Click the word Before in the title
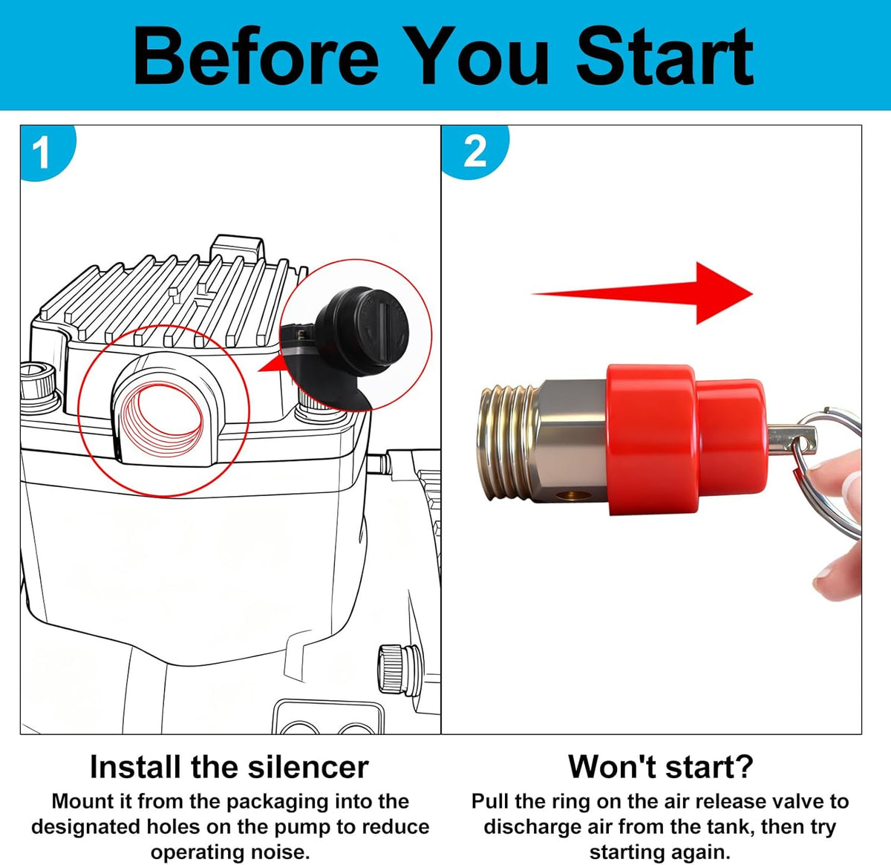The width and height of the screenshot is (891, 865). tap(256, 56)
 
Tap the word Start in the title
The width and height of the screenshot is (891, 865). tap(665, 56)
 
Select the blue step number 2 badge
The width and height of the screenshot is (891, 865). tap(474, 151)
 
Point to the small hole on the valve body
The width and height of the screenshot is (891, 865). tap(572, 494)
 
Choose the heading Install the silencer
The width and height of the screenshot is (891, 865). tap(229, 767)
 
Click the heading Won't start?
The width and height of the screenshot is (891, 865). tap(661, 766)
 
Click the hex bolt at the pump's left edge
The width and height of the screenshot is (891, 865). tap(39, 383)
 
